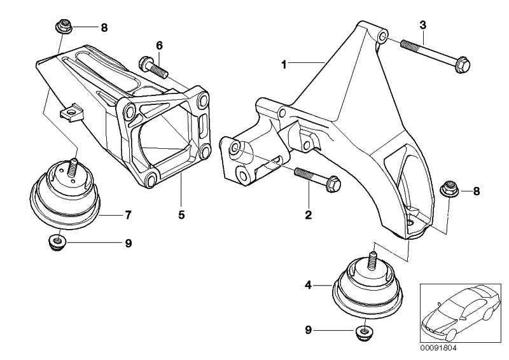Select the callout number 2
pos(308,215)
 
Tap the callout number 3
pos(422,25)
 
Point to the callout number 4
pos(308,286)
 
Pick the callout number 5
pos(181,215)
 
